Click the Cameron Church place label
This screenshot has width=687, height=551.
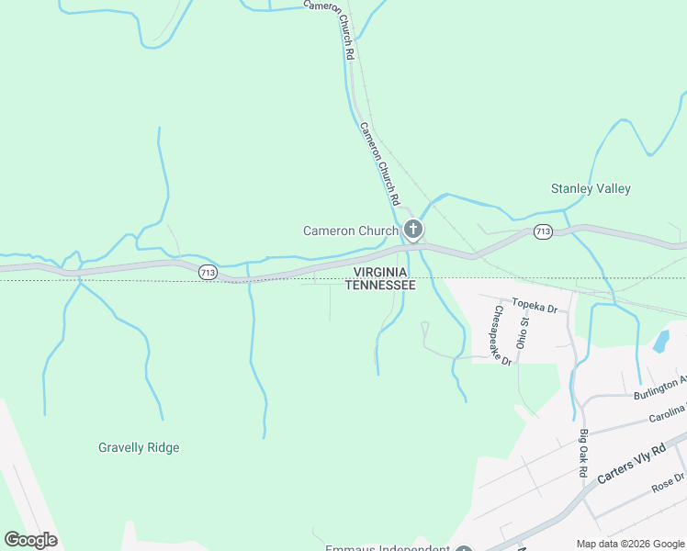351,231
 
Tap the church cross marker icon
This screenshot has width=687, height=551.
413,229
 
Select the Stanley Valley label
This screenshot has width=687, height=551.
591,188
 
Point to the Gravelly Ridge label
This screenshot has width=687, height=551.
139,447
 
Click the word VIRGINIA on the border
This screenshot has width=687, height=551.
380,273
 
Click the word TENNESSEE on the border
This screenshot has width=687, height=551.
380,286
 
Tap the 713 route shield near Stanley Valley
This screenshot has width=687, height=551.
543,231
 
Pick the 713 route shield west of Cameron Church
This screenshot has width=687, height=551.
208,272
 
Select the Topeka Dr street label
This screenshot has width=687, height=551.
535,306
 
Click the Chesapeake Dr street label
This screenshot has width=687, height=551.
501,335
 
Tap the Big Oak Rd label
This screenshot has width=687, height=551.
583,453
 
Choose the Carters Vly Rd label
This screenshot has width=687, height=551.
630,465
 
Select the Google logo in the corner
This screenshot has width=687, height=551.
31,540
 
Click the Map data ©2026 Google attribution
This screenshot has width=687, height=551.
630,544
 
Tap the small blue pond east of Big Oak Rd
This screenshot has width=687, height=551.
660,343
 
